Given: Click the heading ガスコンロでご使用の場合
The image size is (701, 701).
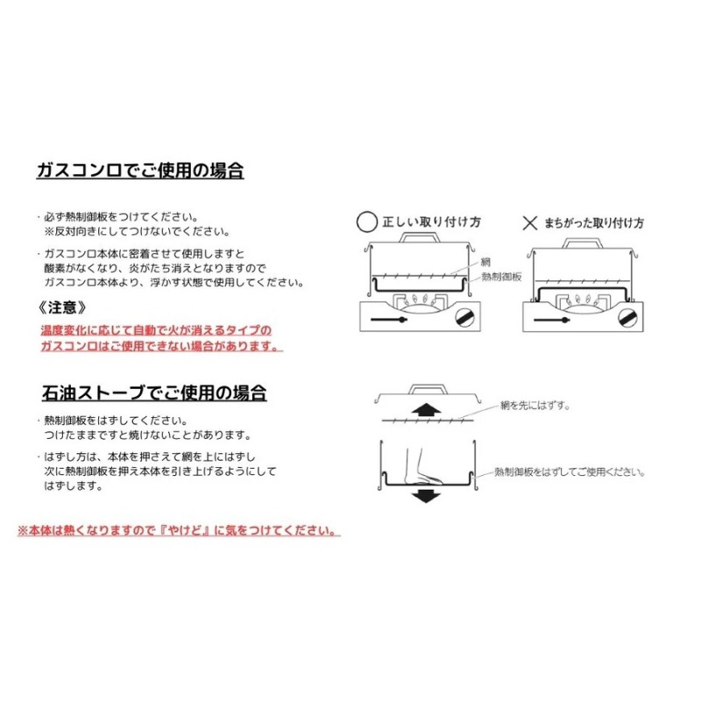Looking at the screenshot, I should [139, 172].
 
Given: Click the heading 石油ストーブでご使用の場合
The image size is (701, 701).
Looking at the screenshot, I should [153, 392].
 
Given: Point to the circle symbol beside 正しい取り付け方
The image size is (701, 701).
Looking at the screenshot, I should [366, 223].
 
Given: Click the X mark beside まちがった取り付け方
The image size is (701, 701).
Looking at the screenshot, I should [529, 223].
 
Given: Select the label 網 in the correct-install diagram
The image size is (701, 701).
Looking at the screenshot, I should [485, 262].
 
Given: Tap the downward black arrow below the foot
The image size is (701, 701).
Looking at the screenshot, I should [425, 495].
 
